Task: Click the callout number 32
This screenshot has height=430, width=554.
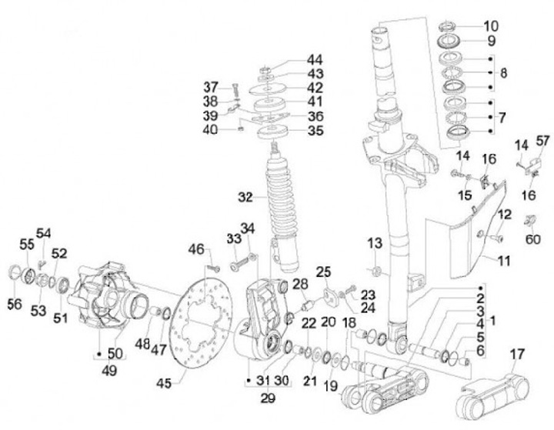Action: (245, 197)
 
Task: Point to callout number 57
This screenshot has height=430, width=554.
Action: (544, 141)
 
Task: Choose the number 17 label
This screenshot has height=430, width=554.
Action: (516, 355)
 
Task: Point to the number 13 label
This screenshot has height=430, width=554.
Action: (374, 244)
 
